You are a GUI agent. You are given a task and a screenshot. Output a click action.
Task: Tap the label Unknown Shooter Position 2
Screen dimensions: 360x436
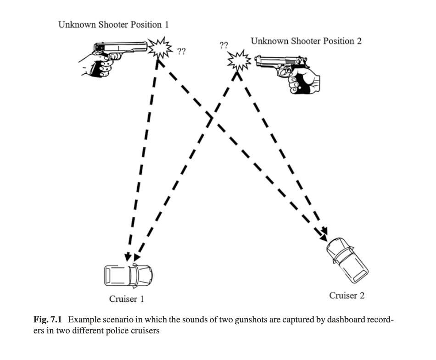pos(306,41)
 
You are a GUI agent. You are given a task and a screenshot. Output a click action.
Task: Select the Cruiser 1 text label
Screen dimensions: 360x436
pos(127,299)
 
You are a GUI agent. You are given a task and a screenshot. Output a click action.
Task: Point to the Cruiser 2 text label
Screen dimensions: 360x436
pos(347,295)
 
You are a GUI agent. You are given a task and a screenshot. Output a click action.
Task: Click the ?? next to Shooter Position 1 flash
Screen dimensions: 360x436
pos(181,51)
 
